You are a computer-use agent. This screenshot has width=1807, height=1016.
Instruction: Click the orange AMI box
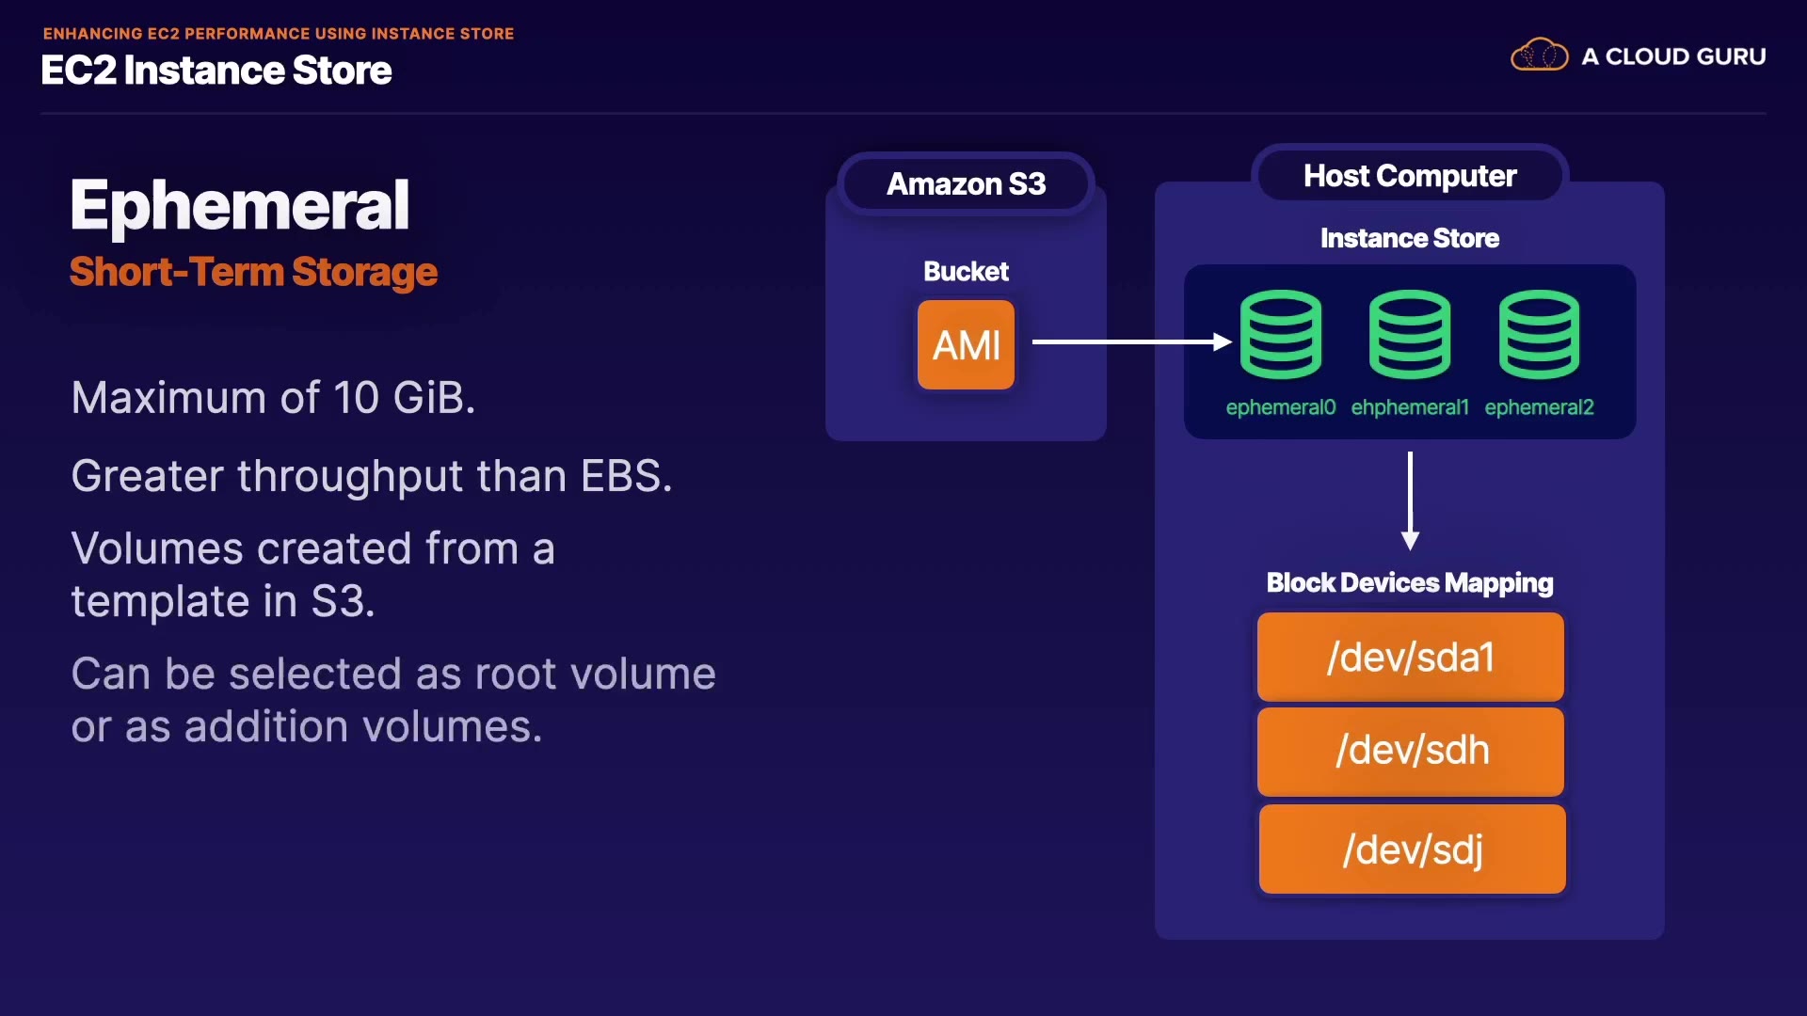click(966, 344)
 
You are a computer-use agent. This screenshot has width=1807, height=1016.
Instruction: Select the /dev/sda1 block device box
click(1410, 657)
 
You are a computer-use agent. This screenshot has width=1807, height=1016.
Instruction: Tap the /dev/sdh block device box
click(1410, 751)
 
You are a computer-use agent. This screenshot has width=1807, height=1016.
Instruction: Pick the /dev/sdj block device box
click(1412, 849)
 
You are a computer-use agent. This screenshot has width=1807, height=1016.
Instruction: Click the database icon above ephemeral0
click(1280, 334)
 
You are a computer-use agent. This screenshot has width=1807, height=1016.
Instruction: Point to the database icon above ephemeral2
click(1539, 334)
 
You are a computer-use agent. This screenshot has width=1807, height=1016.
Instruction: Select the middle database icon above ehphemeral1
click(1409, 334)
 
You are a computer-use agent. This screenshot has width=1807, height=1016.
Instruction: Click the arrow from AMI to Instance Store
click(1129, 342)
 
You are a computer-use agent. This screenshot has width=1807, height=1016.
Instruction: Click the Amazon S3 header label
click(966, 183)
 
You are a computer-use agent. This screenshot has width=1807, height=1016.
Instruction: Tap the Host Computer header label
click(1409, 176)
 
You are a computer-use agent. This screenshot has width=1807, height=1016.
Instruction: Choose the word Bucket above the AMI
click(966, 271)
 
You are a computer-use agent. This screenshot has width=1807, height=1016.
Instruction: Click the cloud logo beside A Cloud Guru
click(1539, 56)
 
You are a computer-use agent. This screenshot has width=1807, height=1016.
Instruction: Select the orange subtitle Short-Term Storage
click(253, 272)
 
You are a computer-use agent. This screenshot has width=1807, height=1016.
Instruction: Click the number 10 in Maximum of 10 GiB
click(356, 398)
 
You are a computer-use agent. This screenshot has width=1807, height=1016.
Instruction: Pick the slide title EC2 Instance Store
click(216, 71)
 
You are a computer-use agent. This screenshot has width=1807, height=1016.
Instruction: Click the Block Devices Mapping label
click(1409, 582)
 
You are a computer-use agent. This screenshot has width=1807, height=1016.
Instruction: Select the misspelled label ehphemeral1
click(1409, 407)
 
